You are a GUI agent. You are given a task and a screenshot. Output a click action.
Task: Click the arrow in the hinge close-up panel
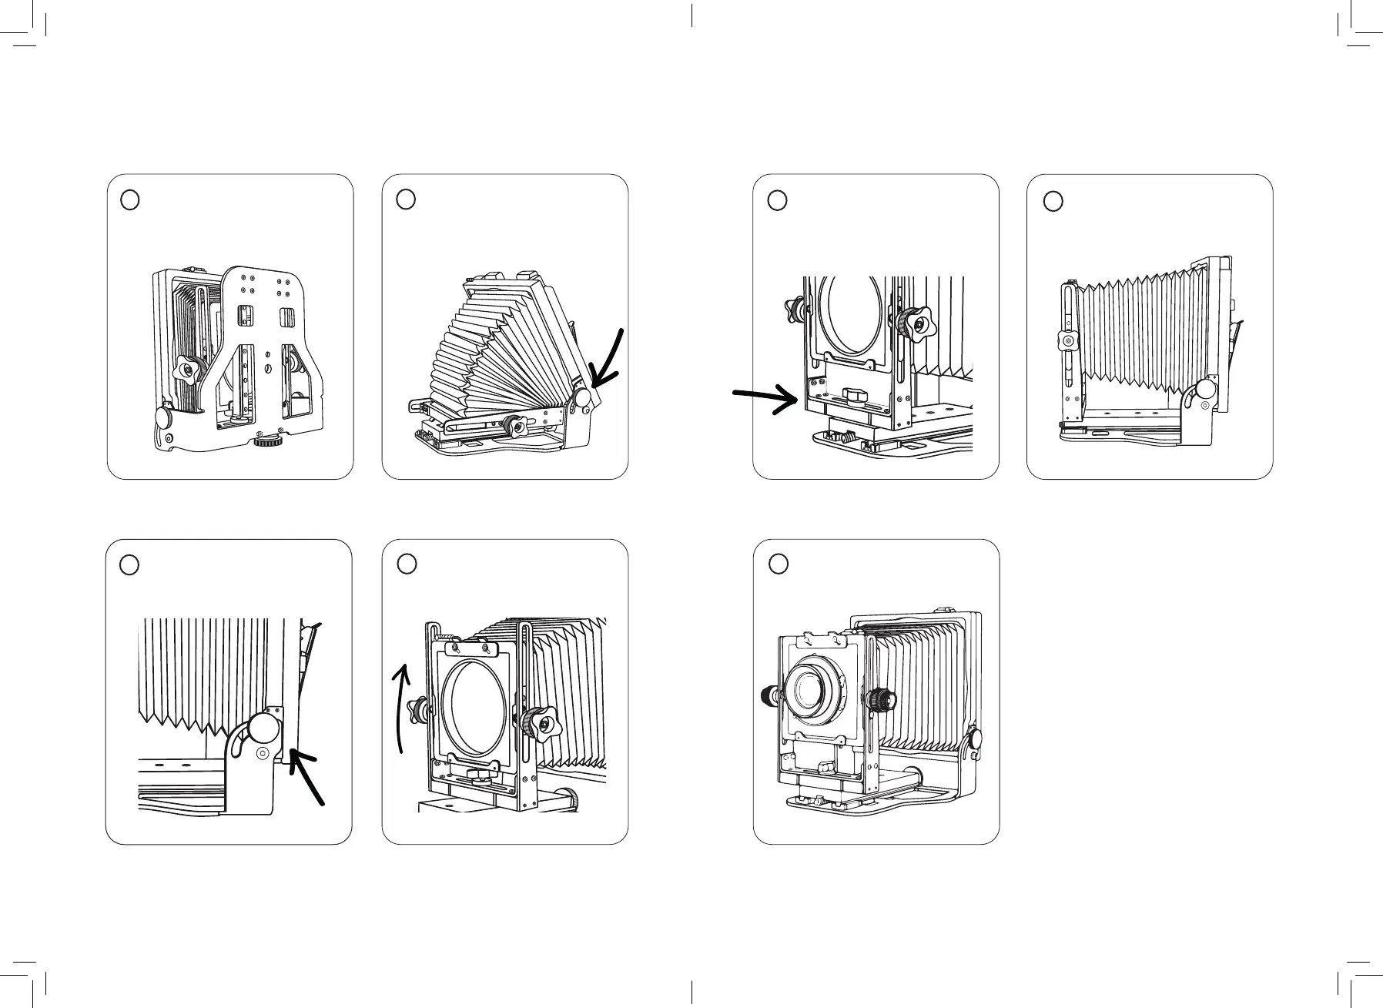307,778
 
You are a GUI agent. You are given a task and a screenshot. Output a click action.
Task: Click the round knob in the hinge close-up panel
262,728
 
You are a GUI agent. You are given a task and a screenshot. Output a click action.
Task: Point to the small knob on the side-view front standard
1067,340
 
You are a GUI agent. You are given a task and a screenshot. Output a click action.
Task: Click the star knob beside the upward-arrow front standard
537,722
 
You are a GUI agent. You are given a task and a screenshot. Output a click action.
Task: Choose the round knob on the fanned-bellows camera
583,398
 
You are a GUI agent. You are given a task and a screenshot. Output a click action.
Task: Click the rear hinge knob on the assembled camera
974,738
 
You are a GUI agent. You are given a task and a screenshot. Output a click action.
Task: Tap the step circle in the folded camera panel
131,199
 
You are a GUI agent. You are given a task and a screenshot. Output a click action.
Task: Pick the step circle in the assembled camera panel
779,564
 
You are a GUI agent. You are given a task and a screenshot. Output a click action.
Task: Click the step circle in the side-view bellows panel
1053,200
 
